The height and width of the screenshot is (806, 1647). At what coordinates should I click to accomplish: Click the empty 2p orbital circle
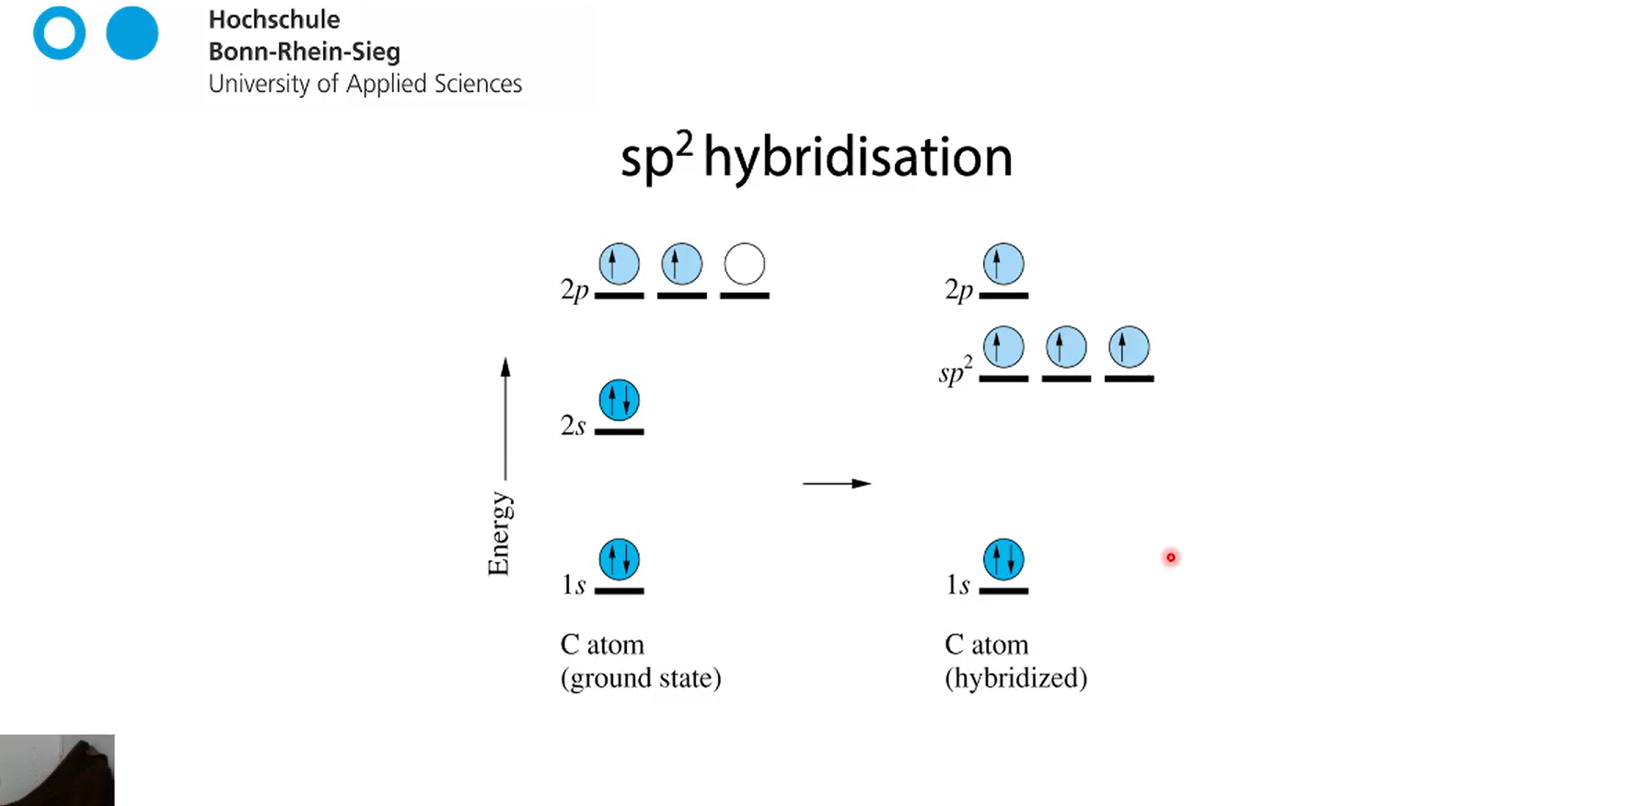point(745,264)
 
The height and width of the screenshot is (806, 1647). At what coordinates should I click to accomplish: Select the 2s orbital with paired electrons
point(620,401)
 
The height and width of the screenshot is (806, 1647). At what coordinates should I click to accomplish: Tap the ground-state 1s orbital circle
point(620,559)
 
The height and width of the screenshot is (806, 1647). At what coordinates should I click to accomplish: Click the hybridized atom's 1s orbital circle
point(1003,559)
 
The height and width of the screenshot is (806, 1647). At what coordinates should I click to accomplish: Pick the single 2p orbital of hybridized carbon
point(1003,264)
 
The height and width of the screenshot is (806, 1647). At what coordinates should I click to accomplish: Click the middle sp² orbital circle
point(1066,347)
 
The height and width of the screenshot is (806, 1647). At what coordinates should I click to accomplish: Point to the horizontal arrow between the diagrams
point(836,484)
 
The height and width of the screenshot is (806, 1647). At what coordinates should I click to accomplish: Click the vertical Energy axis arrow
point(505,419)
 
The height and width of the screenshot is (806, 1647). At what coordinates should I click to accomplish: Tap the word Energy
point(499,533)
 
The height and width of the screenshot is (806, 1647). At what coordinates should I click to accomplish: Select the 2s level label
point(573,425)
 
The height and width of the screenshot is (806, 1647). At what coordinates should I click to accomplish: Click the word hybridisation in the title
point(857,157)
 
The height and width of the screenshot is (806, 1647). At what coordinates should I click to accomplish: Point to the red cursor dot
point(1170,557)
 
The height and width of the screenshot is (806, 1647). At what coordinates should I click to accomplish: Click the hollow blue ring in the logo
point(60,33)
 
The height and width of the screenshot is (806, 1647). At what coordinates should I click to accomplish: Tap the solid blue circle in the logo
point(132,33)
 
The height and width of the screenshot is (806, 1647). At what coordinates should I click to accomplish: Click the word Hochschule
point(274,19)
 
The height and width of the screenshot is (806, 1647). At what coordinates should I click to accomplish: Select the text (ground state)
point(641,678)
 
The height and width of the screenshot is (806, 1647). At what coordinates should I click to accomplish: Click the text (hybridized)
point(1015,678)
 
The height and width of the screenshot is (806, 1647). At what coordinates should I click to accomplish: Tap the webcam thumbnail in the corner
point(57,770)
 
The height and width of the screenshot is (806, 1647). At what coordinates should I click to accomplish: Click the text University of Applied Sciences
point(365,84)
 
